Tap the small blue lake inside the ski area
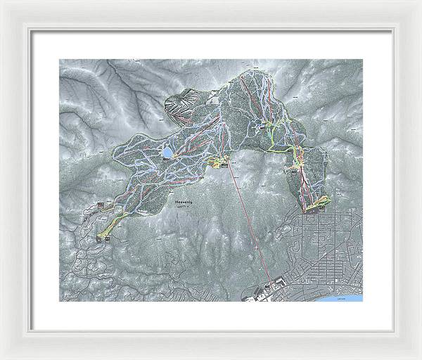click(167, 151)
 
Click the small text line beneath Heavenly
click(184, 208)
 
